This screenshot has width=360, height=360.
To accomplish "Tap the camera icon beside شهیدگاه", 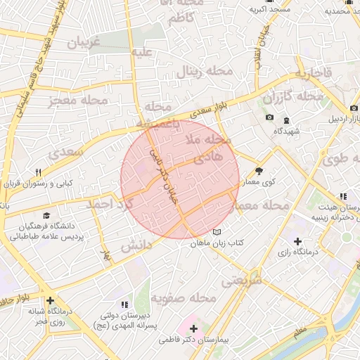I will pos(270,117).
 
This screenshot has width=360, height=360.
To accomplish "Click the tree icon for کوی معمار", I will pos(258,171).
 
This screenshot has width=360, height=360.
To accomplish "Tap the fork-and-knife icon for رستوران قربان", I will pos(38,172).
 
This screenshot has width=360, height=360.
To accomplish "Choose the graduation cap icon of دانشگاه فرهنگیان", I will pos(46,216).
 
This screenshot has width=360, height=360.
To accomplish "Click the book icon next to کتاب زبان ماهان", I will pos(217,232).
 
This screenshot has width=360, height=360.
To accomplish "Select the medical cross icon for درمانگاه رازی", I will pos(298,242).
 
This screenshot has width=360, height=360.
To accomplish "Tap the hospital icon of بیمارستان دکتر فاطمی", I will pos(194,328).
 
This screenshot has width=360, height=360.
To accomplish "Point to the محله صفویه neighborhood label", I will pos(186,300).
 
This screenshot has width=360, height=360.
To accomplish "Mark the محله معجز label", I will pos(78,101).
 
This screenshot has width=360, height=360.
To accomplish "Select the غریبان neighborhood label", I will pos(84,42).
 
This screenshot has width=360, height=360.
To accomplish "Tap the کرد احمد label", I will pos(109,204).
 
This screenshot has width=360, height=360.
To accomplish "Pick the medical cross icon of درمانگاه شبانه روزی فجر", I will pos(50,300).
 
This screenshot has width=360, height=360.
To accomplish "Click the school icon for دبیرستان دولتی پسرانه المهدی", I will pos(124,304).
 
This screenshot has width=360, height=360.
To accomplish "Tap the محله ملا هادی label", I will pos(209,149).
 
